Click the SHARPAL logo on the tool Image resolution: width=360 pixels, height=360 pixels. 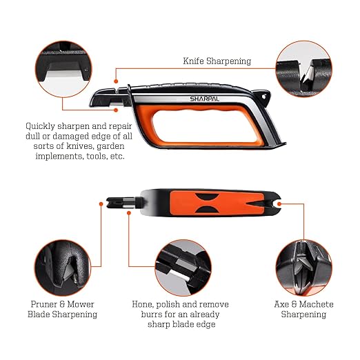pyautogui.click(x=204, y=99)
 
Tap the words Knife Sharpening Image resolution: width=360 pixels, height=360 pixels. pyautogui.click(x=217, y=61)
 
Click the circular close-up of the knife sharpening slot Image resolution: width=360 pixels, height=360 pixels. pyautogui.click(x=303, y=69)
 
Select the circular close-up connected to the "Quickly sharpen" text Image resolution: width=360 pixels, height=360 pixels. pyautogui.click(x=63, y=69)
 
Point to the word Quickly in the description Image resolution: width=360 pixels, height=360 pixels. pyautogui.click(x=40, y=126)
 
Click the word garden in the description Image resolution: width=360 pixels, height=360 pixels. pyautogui.click(x=110, y=146)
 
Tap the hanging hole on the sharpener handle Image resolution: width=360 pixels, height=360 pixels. pyautogui.click(x=264, y=97)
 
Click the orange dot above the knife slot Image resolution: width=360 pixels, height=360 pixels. pyautogui.click(x=116, y=81)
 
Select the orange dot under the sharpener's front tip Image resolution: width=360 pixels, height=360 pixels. pyautogui.click(x=116, y=110)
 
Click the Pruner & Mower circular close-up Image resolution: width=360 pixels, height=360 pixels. pyautogui.click(x=63, y=268)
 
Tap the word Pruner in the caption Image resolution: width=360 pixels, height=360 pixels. pyautogui.click(x=43, y=304)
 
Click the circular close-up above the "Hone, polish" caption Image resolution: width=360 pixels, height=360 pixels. pyautogui.click(x=183, y=268)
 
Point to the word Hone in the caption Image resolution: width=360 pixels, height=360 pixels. pyautogui.click(x=141, y=304)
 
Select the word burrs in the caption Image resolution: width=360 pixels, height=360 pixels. pyautogui.click(x=152, y=314)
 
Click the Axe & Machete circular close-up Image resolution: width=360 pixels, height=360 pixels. pyautogui.click(x=303, y=268)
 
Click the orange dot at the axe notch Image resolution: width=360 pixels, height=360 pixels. pyautogui.click(x=279, y=204)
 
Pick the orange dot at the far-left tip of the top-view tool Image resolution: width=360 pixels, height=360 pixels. pyautogui.click(x=101, y=204)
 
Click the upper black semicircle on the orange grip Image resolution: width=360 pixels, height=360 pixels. pyautogui.click(x=207, y=197)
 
